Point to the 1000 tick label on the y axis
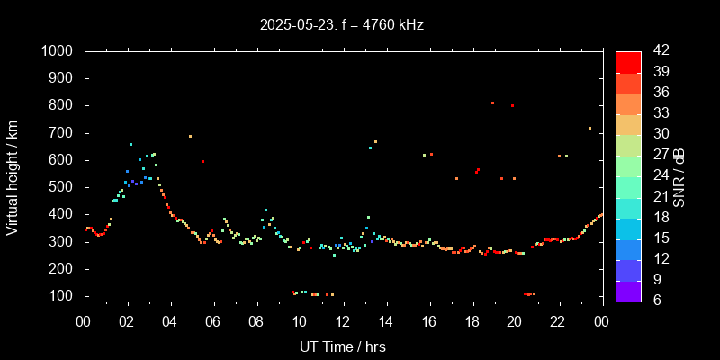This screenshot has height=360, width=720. [58, 51]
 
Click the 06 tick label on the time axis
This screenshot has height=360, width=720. [214, 320]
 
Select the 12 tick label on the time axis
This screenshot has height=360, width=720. [343, 320]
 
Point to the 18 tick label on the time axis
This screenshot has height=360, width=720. [472, 320]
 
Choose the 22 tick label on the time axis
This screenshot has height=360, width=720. [559, 320]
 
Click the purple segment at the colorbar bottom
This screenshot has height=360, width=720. [628, 291]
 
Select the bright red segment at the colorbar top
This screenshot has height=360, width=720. [628, 61]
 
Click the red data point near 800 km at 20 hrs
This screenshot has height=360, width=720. [513, 105]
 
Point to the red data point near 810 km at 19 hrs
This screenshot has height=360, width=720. [492, 103]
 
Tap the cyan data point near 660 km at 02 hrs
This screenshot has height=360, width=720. [130, 144]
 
